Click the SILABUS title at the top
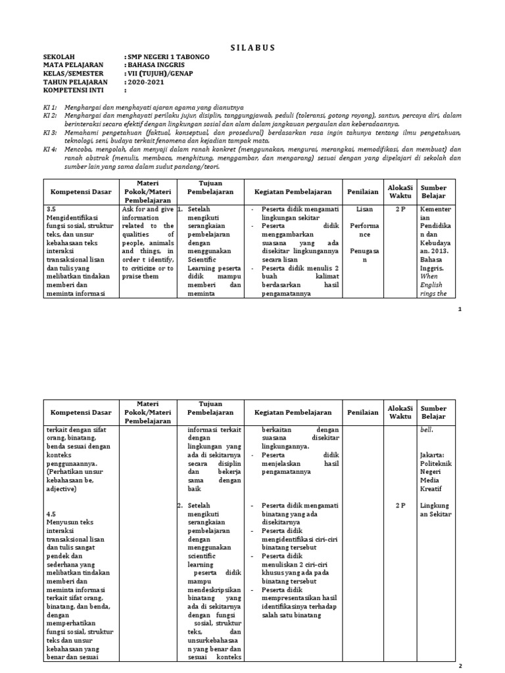[x=252, y=47]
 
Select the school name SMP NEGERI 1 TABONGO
[x=168, y=57]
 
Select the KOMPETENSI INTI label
[x=74, y=91]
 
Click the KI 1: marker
[x=50, y=106]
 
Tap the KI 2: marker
[x=50, y=115]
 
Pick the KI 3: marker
[x=50, y=132]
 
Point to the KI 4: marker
[x=50, y=149]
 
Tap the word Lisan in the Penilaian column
[x=364, y=208]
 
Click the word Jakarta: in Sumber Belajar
[x=433, y=455]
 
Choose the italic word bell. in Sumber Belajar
[x=427, y=430]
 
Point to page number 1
[x=460, y=310]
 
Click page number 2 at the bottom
[x=460, y=665]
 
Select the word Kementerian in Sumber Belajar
[x=434, y=212]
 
